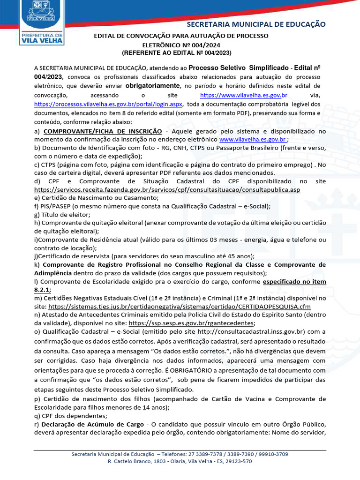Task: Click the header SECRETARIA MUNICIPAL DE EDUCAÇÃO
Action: pyautogui.click(x=256, y=24)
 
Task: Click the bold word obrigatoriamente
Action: pyautogui.click(x=153, y=86)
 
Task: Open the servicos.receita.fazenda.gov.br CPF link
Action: pyautogui.click(x=167, y=190)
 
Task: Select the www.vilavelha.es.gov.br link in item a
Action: pyautogui.click(x=253, y=140)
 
